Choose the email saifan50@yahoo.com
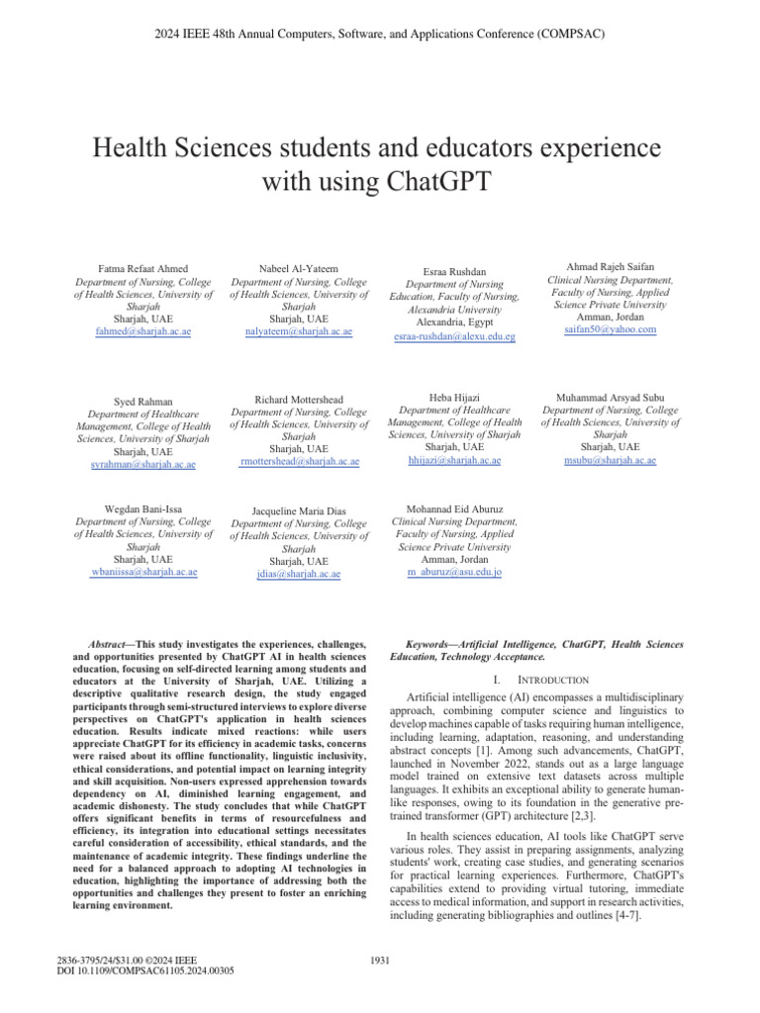(610, 329)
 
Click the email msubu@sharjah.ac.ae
(610, 461)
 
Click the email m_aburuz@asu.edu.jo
(455, 572)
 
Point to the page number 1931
(379, 959)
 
